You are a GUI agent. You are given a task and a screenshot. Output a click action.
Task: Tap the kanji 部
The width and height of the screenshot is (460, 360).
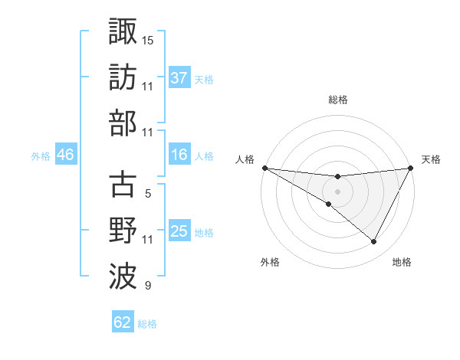123,123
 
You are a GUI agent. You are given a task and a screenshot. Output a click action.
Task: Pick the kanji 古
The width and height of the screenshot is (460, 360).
123,185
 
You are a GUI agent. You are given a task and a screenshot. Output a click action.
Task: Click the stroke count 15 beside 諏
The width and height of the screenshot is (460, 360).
148,39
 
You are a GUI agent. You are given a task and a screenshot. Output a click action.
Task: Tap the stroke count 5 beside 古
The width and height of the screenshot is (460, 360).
148,194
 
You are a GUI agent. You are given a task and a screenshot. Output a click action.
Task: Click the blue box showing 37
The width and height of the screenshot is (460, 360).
179,77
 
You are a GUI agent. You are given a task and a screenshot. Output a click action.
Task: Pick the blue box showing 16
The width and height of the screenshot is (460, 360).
179,155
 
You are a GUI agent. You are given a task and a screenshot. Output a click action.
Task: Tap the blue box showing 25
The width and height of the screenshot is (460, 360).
179,231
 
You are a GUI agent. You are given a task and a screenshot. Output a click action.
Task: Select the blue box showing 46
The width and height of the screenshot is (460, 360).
65,155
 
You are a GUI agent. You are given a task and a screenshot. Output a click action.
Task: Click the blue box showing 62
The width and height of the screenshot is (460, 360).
123,322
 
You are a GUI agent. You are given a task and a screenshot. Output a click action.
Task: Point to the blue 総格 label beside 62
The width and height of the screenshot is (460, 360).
147,323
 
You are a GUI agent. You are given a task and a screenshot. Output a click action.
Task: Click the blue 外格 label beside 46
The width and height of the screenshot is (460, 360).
41,156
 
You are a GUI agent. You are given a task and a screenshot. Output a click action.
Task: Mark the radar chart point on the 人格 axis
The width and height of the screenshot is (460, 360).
264,167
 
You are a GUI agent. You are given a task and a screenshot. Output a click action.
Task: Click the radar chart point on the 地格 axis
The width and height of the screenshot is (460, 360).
374,242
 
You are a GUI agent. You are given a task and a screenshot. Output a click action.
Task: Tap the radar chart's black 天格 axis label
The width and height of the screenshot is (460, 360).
431,159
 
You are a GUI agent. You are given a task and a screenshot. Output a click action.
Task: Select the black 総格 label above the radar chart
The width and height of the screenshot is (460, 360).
337,100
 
